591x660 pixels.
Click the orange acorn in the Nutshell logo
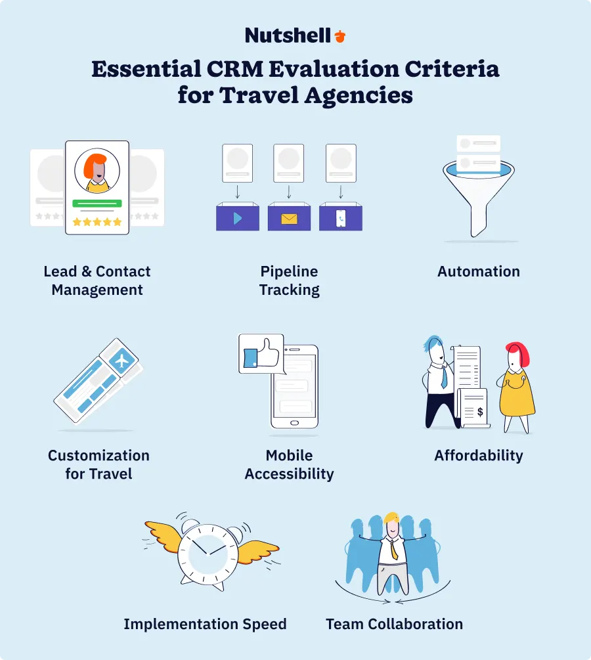point(339,36)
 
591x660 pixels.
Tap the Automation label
point(479,271)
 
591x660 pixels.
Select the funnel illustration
point(478,187)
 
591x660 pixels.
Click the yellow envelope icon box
point(289,218)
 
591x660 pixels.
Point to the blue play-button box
point(238,218)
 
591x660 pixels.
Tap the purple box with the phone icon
point(340,218)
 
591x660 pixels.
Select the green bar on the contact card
point(97,204)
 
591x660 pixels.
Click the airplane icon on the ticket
point(122,360)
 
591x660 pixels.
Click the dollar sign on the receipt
point(480,412)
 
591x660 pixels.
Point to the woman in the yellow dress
point(517,387)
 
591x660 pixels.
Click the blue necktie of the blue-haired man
point(444,376)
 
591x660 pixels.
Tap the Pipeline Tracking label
point(289,280)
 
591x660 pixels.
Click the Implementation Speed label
point(205,624)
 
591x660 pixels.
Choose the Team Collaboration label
point(394,624)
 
